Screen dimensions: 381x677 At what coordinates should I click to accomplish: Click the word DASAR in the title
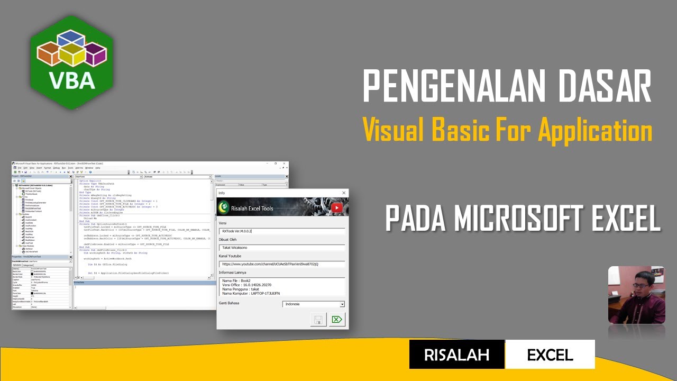pyautogui.click(x=600, y=87)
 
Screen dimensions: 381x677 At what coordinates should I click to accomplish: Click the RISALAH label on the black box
pyautogui.click(x=456, y=355)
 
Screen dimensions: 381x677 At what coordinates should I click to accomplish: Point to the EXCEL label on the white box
pyautogui.click(x=550, y=355)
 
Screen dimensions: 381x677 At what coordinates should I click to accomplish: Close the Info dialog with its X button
pyautogui.click(x=344, y=193)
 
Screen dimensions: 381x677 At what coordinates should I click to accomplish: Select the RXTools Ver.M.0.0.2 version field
pyautogui.click(x=282, y=231)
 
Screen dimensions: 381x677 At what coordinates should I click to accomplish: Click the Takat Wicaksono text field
pyautogui.click(x=282, y=247)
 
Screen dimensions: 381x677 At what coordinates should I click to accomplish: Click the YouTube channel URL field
pyautogui.click(x=282, y=264)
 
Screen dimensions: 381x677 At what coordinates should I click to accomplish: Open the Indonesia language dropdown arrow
pyautogui.click(x=342, y=304)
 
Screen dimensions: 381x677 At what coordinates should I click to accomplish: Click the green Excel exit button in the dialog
pyautogui.click(x=337, y=320)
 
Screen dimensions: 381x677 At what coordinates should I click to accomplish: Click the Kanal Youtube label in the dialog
pyautogui.click(x=230, y=256)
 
